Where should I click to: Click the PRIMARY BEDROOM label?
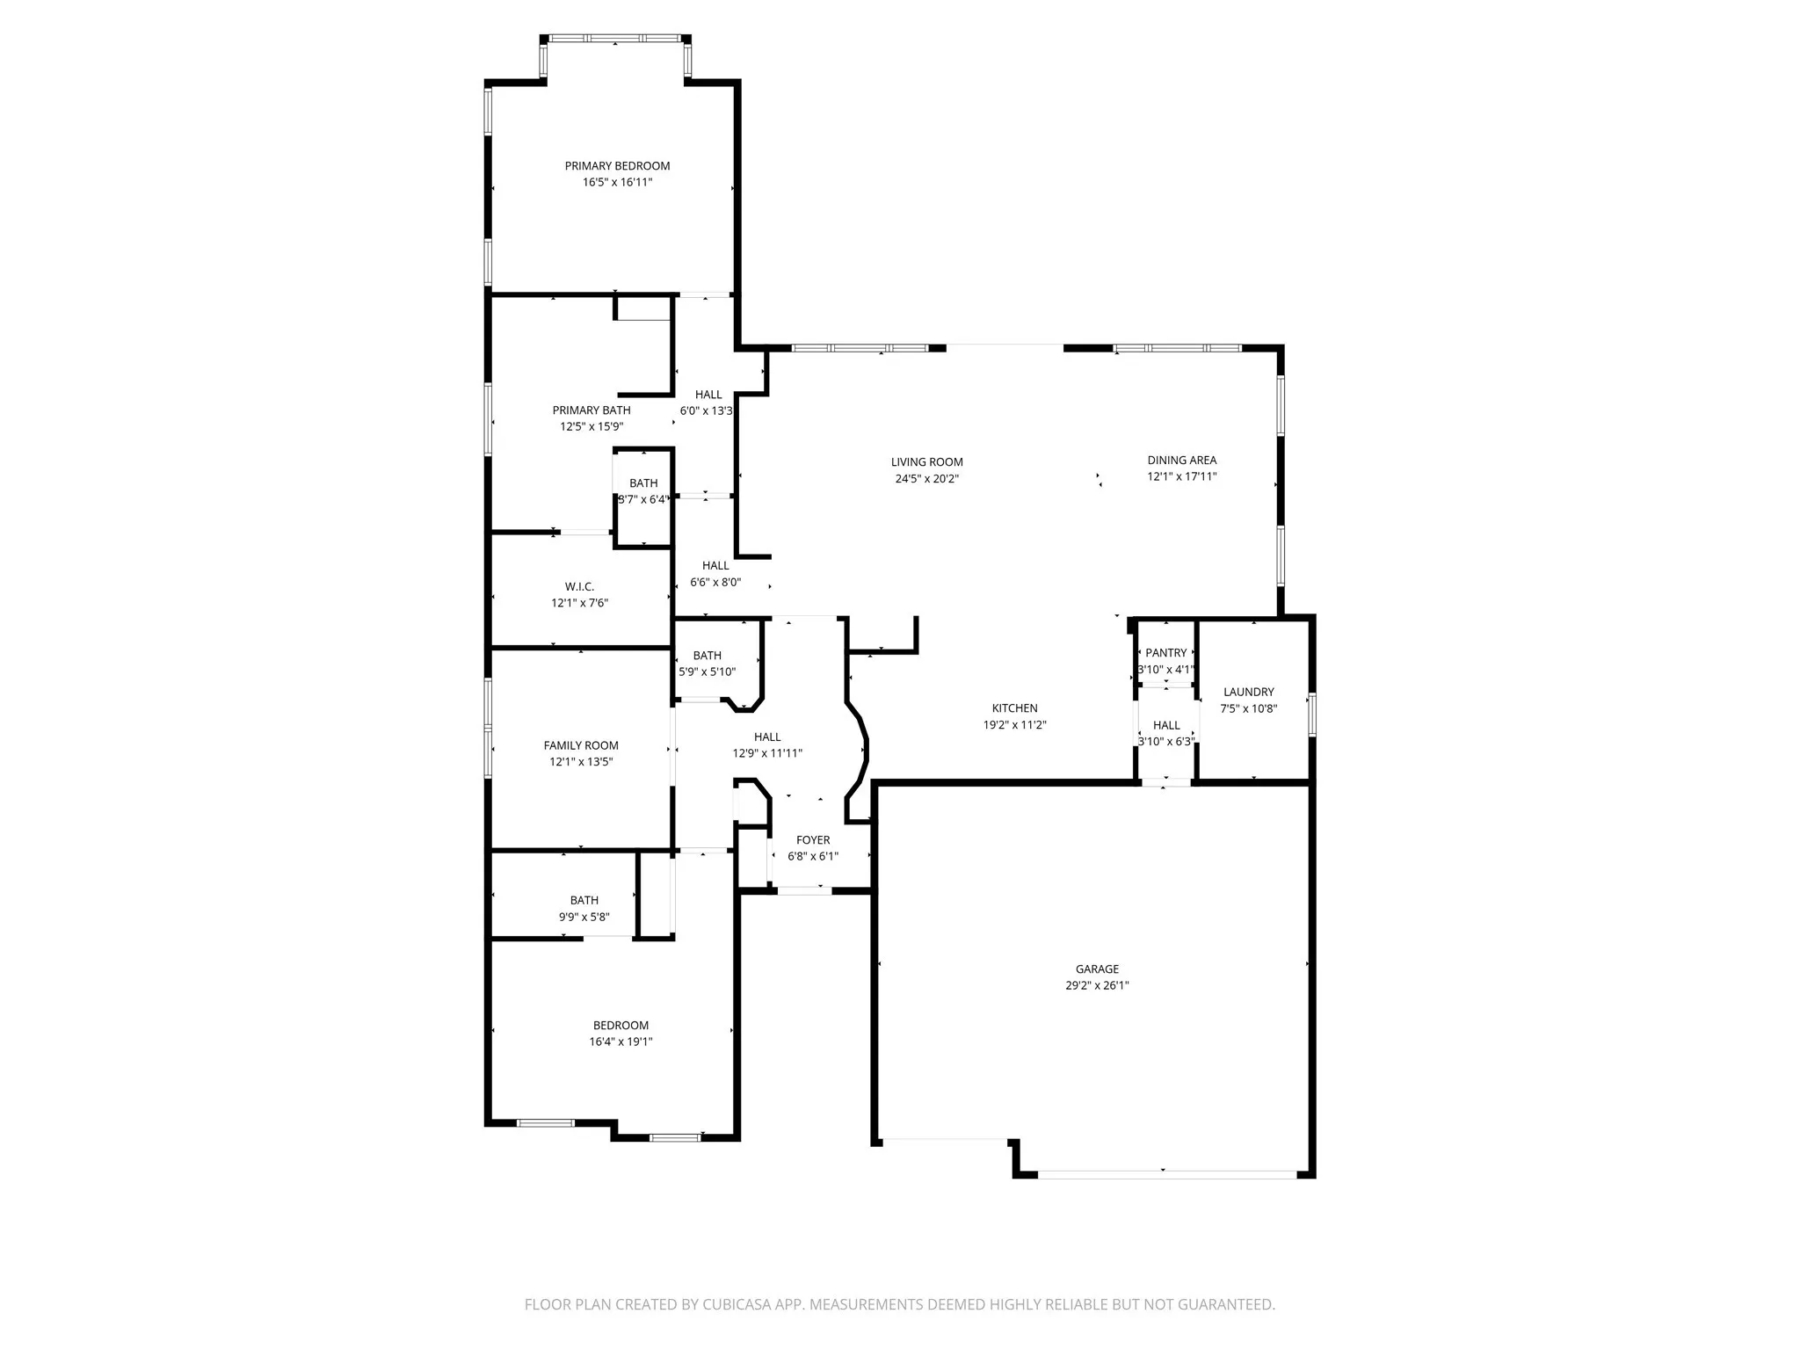[x=617, y=166]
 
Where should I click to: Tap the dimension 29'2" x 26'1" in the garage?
[x=1097, y=986]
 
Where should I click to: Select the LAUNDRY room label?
[x=1248, y=693]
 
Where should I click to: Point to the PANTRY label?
[x=1166, y=653]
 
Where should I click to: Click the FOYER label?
[x=813, y=840]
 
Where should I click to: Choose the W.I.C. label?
[x=579, y=587]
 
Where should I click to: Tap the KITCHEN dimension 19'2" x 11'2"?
[x=1014, y=726]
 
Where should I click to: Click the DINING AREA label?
[x=1181, y=461]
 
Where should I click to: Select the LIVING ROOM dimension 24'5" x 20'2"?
[x=926, y=479]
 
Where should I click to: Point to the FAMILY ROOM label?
[x=581, y=746]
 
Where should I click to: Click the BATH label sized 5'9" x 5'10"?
[x=707, y=656]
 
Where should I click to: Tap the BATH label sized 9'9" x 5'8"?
[x=584, y=901]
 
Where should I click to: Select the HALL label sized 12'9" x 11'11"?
[x=767, y=737]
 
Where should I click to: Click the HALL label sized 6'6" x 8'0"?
[x=715, y=566]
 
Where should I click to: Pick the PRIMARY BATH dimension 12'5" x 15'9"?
[x=592, y=427]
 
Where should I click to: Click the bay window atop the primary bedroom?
[x=614, y=39]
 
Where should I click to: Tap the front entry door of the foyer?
[x=804, y=891]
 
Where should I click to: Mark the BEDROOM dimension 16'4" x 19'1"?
[x=621, y=1042]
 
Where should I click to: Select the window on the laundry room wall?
[x=1311, y=714]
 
